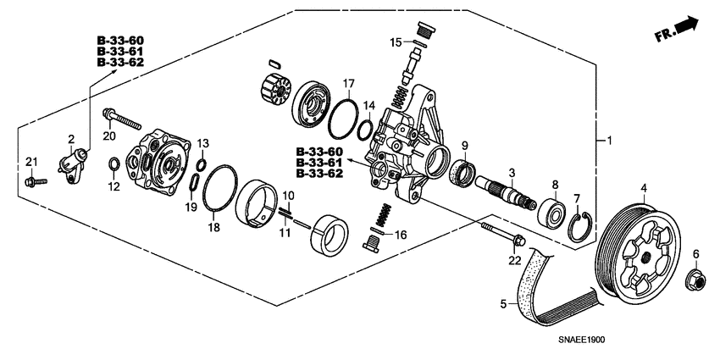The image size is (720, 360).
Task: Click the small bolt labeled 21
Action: pos(32,182)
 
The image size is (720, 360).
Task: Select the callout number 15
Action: pos(395,42)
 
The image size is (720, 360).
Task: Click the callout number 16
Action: pos(402,235)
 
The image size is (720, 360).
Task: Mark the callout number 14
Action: pos(368,105)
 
